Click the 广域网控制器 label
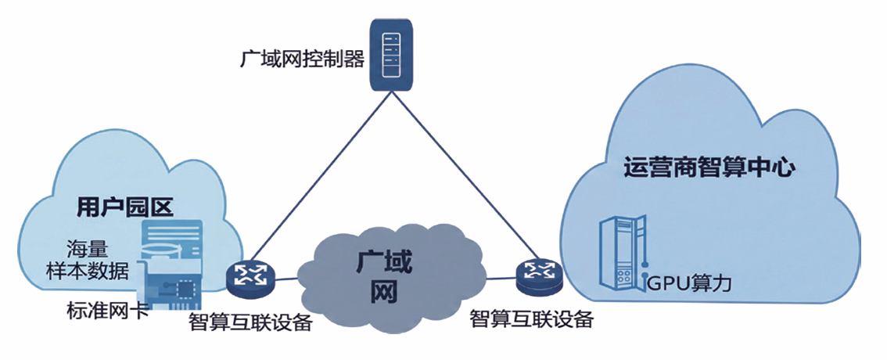pos(302,59)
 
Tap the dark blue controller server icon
pos(391,54)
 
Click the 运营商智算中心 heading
pos(710,169)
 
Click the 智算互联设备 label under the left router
pos(250,322)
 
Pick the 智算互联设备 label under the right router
pos(532,320)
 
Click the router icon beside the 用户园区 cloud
pos(250,275)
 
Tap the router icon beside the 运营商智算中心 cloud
pos(538,273)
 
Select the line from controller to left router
pos(320,175)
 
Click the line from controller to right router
pos(465,175)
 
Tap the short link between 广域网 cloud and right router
pos(501,277)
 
